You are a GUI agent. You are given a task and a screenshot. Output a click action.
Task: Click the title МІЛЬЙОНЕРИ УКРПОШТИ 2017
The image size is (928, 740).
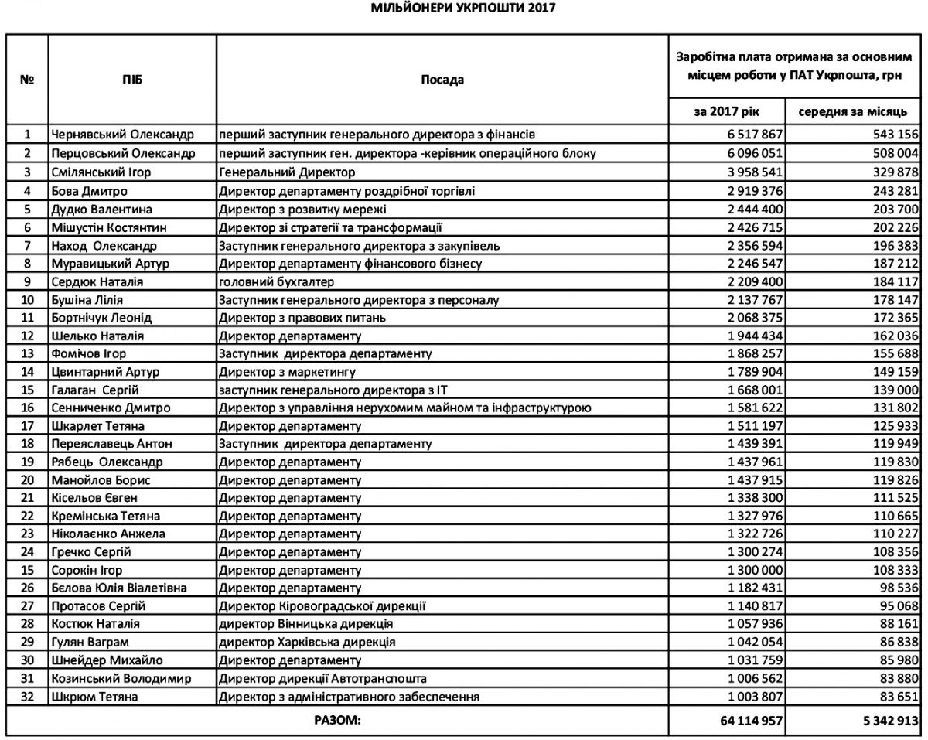point(463,9)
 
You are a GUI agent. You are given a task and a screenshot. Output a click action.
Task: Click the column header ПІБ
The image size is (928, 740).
point(132,80)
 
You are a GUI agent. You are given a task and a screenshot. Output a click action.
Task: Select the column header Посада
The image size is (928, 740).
point(442,80)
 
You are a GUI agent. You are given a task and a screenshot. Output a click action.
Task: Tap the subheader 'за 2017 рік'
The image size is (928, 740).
point(728,111)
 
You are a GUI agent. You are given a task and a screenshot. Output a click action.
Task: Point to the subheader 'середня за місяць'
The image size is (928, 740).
point(852,111)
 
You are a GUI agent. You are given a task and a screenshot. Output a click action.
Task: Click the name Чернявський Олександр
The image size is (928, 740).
point(122,134)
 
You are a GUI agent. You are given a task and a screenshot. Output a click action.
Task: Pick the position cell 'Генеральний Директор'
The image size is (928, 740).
point(287,172)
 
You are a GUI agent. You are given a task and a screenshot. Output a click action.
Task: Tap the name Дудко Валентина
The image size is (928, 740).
point(101,210)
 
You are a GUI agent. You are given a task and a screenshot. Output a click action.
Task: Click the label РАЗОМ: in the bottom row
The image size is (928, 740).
point(337,721)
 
